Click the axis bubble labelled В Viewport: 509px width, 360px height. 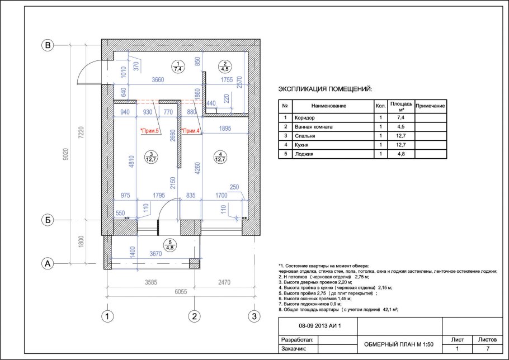[x=49, y=45]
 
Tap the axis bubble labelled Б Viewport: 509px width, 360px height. [x=49, y=220]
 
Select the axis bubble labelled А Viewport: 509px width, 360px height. [x=49, y=263]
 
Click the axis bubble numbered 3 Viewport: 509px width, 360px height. [x=254, y=316]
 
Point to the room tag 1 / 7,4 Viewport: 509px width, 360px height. [x=178, y=67]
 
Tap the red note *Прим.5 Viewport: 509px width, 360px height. [x=150, y=131]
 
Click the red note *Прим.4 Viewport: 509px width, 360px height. [x=190, y=131]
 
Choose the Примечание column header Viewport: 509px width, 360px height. [x=430, y=106]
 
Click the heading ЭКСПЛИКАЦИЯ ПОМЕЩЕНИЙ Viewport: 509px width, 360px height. [x=325, y=89]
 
